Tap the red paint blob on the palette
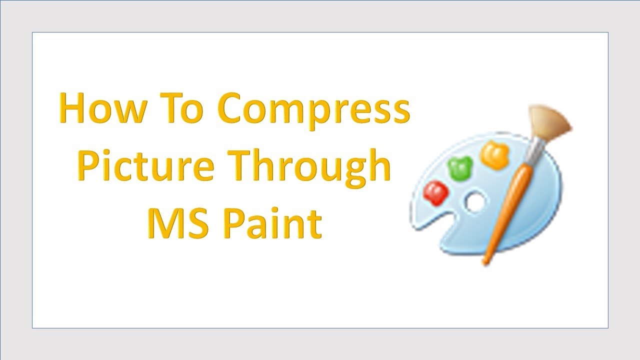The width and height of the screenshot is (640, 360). point(435,192)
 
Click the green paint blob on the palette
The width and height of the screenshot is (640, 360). point(461,168)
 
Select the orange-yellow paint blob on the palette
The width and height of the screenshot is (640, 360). point(494,154)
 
